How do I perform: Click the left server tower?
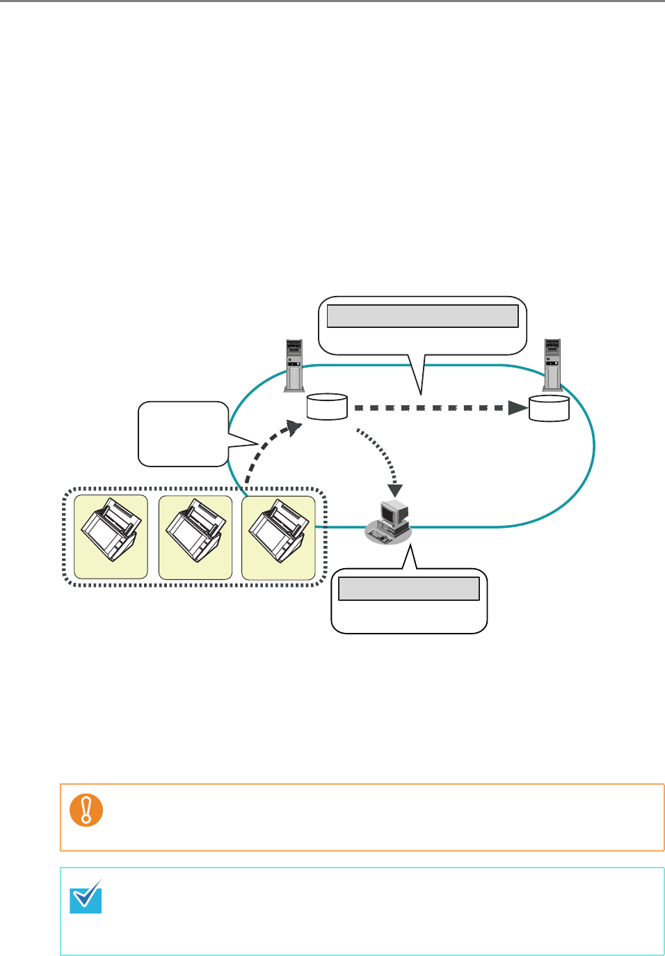click(294, 365)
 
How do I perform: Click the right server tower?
click(552, 364)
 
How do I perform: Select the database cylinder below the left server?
click(327, 407)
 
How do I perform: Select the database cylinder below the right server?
click(549, 408)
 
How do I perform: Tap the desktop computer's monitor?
click(393, 514)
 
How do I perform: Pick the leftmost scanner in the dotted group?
click(111, 537)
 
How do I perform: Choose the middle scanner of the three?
click(195, 537)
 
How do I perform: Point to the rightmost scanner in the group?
click(278, 537)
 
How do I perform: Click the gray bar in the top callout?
click(422, 316)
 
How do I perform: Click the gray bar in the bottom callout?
click(408, 588)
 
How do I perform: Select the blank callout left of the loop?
click(183, 433)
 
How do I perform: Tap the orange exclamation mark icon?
click(86, 810)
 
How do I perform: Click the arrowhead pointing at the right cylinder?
click(518, 407)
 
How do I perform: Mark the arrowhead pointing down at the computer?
click(395, 490)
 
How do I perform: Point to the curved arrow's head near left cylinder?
click(295, 428)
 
